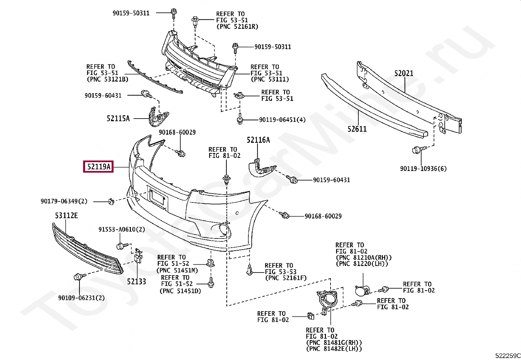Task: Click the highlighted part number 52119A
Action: click(98, 167)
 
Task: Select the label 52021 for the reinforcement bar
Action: click(404, 73)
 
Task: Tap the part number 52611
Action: click(357, 129)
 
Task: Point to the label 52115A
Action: click(118, 119)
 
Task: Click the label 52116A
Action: click(258, 140)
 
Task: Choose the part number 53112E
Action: click(66, 216)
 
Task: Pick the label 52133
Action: click(136, 281)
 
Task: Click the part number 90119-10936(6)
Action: click(423, 169)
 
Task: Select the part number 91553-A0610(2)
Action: click(122, 229)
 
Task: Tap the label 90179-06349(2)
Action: click(64, 201)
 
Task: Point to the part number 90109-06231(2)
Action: click(81, 298)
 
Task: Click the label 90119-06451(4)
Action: click(282, 120)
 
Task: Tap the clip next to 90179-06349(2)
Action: click(111, 201)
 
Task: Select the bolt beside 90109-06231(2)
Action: click(78, 277)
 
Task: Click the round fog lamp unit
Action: click(362, 291)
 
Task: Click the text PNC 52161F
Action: click(286, 278)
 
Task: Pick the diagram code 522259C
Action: click(507, 356)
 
